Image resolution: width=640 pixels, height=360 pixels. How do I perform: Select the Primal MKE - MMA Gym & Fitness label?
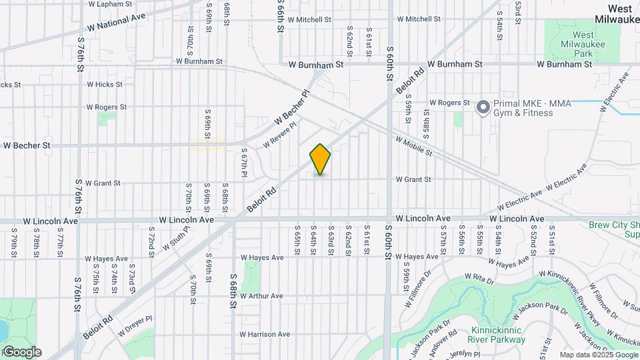523,108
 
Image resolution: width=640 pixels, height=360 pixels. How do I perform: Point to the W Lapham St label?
110,4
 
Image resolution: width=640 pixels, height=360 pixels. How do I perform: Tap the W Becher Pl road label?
292,108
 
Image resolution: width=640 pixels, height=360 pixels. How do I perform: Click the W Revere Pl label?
279,134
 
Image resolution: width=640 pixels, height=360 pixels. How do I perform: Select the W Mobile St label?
414,147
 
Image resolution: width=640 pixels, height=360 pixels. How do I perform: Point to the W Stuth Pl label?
175,237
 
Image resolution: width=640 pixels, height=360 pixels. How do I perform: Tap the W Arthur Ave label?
262,296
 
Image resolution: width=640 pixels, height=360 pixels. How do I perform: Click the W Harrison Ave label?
265,334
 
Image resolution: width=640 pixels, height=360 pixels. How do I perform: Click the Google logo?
21,352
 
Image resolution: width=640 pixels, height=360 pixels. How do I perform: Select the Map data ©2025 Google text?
599,355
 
